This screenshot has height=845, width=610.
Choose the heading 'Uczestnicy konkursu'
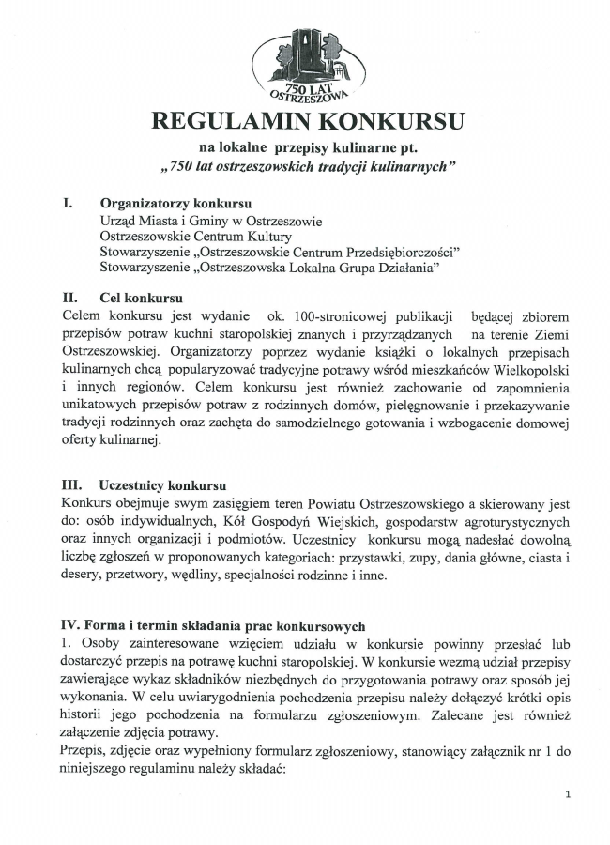coord(161,485)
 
